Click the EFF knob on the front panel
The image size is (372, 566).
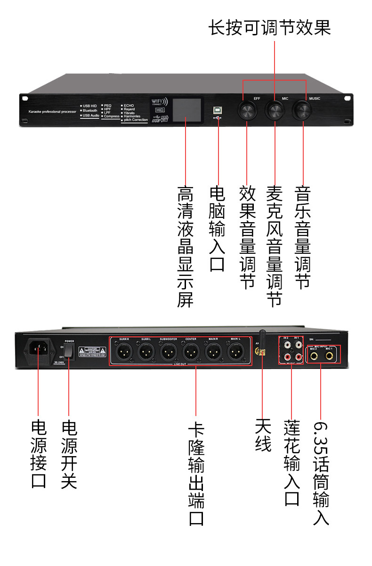tap(246, 111)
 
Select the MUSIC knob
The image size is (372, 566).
tap(302, 111)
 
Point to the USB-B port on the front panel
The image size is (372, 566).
tap(218, 108)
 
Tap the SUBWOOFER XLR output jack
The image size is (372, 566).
tap(168, 351)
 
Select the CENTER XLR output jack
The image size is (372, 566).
tap(191, 351)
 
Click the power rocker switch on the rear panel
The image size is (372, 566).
tap(69, 350)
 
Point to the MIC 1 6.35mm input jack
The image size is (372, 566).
tap(329, 355)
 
